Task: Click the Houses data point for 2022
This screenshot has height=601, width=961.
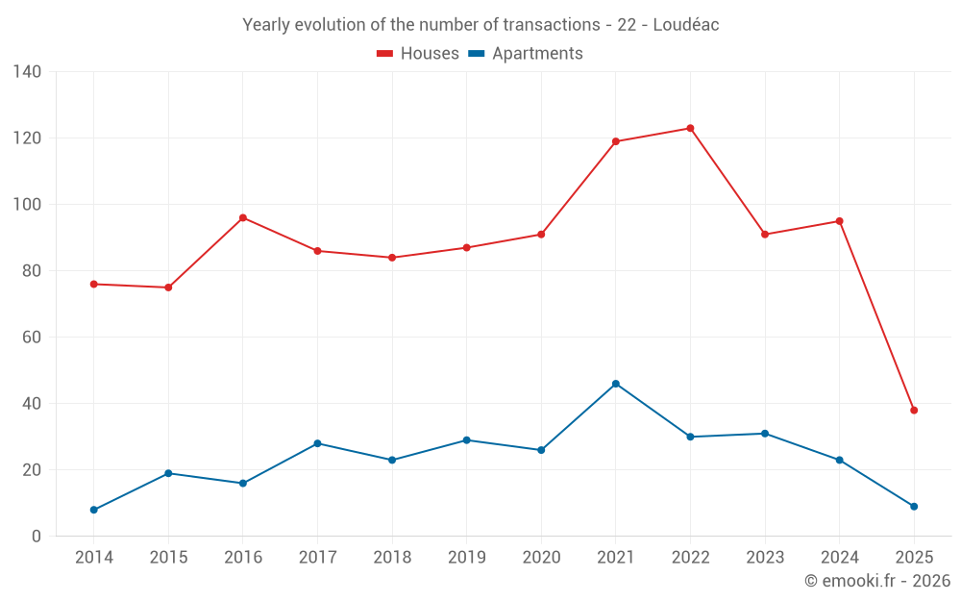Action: pyautogui.click(x=690, y=128)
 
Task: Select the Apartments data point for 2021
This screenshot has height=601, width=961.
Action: pyautogui.click(x=616, y=384)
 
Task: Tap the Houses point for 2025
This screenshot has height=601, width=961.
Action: pyautogui.click(x=914, y=411)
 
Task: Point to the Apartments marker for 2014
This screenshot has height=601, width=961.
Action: pyautogui.click(x=94, y=510)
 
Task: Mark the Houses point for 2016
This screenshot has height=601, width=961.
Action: pyautogui.click(x=243, y=217)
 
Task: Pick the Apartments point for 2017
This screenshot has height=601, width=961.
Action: pyautogui.click(x=317, y=443)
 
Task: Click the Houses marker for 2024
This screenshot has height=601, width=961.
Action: pyautogui.click(x=839, y=221)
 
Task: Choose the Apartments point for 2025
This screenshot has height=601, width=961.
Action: pyautogui.click(x=914, y=507)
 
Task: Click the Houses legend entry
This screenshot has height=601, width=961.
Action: pyautogui.click(x=418, y=54)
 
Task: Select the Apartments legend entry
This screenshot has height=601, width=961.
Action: pyautogui.click(x=526, y=54)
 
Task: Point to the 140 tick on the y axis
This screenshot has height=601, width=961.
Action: pyautogui.click(x=28, y=72)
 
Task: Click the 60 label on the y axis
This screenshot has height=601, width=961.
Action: pyautogui.click(x=33, y=338)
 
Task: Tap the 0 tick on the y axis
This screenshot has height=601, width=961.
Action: pyautogui.click(x=37, y=537)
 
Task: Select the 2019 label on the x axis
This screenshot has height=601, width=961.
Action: pyautogui.click(x=466, y=558)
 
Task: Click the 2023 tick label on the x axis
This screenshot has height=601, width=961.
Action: pyautogui.click(x=765, y=558)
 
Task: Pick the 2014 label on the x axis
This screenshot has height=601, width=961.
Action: pyautogui.click(x=94, y=558)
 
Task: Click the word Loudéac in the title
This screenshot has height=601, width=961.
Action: pyautogui.click(x=686, y=25)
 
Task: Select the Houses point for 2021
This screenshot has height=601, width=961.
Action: pyautogui.click(x=616, y=141)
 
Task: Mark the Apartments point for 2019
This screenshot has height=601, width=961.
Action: pyautogui.click(x=466, y=440)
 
